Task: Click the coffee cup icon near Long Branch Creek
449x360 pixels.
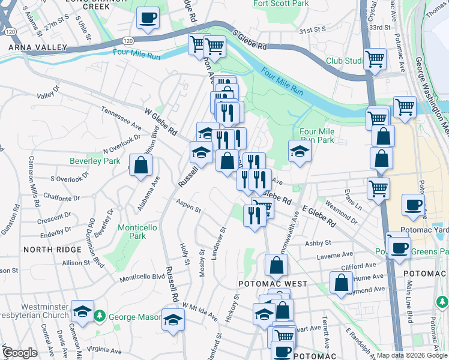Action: coord(148,18)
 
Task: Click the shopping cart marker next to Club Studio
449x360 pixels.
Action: coord(375,59)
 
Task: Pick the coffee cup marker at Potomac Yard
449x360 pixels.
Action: coord(412,205)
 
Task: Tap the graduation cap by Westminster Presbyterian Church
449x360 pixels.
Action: coord(82,311)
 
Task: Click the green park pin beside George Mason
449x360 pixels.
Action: coord(101,316)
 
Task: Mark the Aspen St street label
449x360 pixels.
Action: coord(189,208)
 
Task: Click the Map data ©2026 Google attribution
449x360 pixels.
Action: coord(412,355)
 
